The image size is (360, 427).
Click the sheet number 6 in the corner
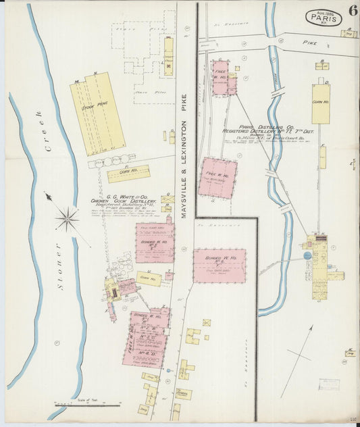tap(353, 9)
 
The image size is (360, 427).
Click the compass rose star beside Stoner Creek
tap(67, 218)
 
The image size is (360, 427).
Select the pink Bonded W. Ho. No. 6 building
tap(219, 266)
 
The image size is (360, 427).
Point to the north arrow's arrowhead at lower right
tap(311, 328)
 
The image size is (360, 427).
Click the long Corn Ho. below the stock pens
tap(128, 174)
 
